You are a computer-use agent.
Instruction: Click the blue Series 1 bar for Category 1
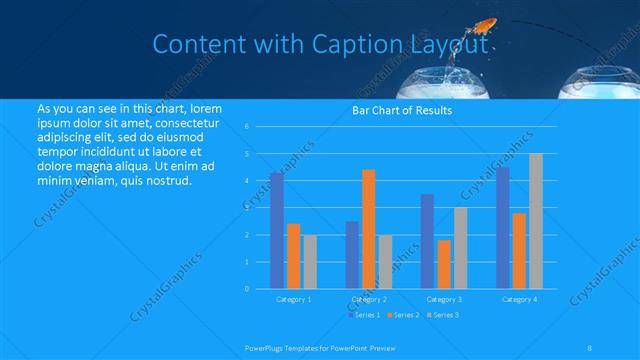[276, 230]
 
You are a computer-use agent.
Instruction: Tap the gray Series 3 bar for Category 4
[535, 221]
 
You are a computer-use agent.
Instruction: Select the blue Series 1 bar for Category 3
[427, 241]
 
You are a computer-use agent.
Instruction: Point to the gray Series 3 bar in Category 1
[309, 261]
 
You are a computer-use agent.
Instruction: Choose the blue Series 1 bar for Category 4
[502, 227]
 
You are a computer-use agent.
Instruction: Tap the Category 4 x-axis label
[519, 299]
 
